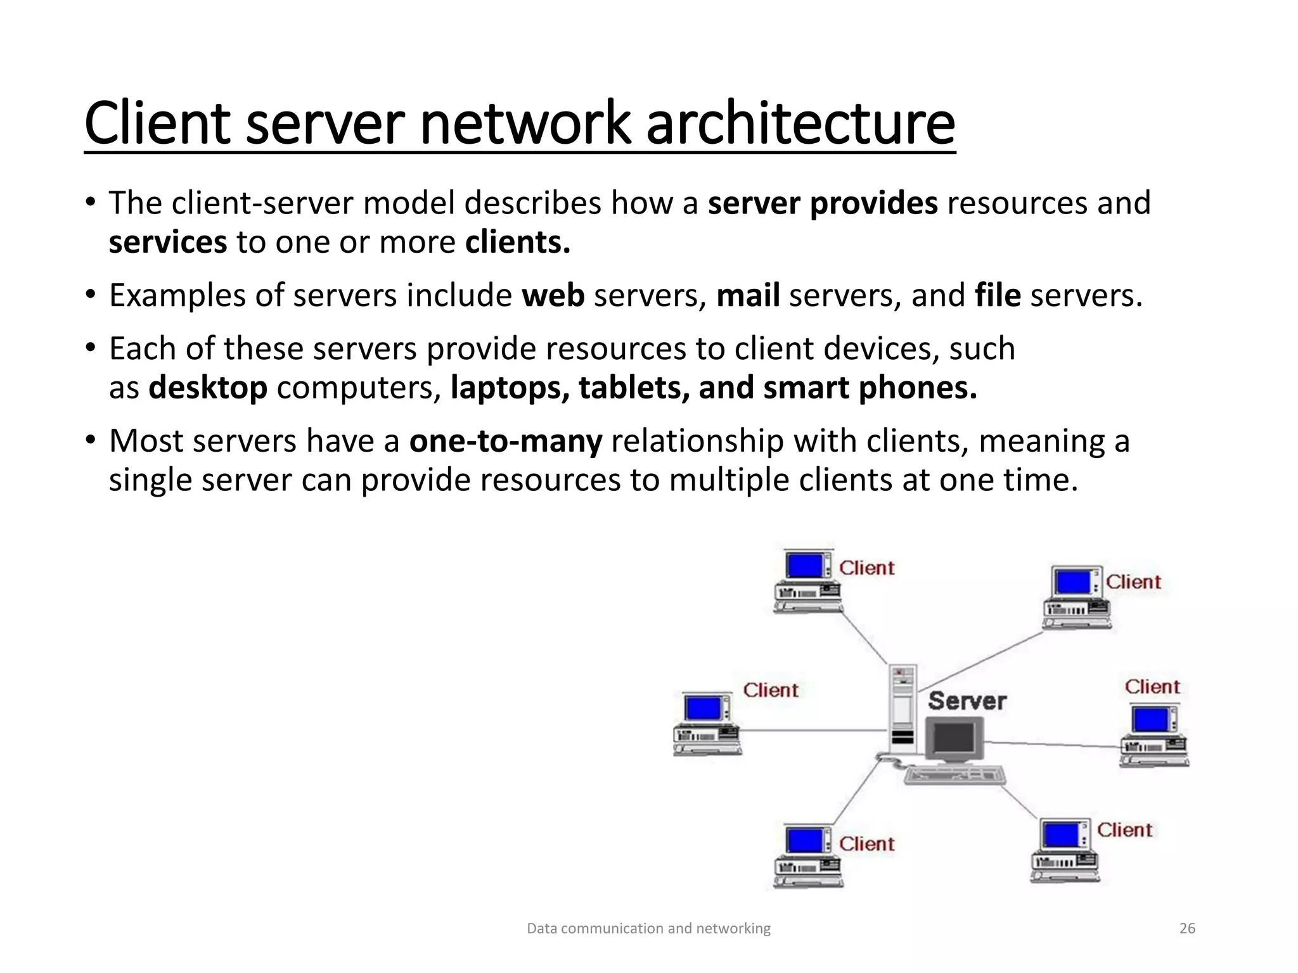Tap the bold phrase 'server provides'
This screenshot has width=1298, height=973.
tap(823, 203)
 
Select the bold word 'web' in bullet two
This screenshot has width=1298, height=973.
tap(553, 296)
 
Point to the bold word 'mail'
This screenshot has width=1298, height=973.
tap(748, 296)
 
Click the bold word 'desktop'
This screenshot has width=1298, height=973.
tap(208, 388)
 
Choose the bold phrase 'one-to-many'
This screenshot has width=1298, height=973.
tap(505, 441)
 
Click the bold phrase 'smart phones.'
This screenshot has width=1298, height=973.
tap(870, 388)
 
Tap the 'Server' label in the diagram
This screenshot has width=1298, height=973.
tap(967, 701)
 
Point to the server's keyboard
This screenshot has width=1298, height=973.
tap(954, 775)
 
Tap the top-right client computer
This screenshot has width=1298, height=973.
tap(1077, 597)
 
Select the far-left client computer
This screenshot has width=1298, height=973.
tap(706, 724)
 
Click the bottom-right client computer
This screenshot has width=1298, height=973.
tap(1065, 850)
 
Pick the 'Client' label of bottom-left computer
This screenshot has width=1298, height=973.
tap(866, 844)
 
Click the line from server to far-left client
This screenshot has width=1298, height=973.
tap(814, 730)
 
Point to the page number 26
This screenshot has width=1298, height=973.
tap(1187, 929)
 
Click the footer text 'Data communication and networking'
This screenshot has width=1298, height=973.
tap(648, 929)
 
